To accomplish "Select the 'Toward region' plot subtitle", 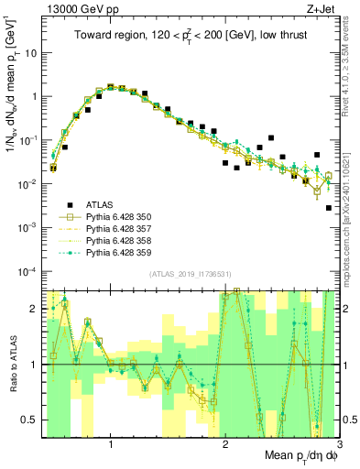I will click(x=191, y=35).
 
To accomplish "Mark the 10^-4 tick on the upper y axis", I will click(x=29, y=271).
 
